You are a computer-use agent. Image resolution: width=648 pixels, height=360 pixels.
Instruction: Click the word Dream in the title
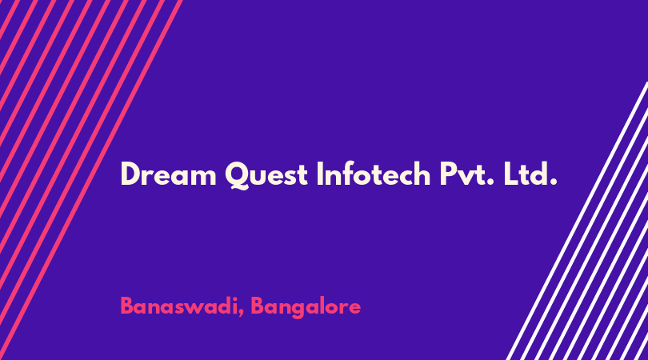pos(168,174)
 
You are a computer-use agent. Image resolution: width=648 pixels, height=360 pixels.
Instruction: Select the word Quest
pos(266,175)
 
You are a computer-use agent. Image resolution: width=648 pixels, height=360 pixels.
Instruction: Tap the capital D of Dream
pos(130,174)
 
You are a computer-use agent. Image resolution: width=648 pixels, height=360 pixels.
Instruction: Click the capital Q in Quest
pos(238,175)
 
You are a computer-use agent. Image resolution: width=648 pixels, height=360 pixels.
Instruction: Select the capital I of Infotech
pos(319,174)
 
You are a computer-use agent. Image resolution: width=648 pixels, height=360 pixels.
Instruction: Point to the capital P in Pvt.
pos(447,174)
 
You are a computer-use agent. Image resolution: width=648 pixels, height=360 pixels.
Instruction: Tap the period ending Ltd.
pos(554,182)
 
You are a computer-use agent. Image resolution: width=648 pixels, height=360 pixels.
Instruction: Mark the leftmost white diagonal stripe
pos(577,221)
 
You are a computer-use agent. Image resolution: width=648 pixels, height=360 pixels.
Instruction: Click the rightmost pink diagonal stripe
pos(91,180)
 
